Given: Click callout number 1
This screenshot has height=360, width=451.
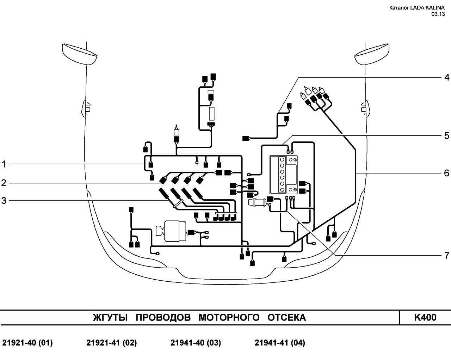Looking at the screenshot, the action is pyautogui.click(x=4, y=164).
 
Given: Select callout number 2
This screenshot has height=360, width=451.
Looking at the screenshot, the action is pyautogui.click(x=4, y=183).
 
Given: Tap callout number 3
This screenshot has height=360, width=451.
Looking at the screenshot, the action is pyautogui.click(x=4, y=201).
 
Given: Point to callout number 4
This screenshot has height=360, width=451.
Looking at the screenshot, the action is pyautogui.click(x=447, y=78).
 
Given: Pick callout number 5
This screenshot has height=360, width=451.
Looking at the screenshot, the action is pyautogui.click(x=447, y=136).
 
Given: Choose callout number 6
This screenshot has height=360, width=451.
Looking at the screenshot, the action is pyautogui.click(x=447, y=173).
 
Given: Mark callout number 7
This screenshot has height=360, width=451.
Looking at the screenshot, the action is pyautogui.click(x=447, y=256).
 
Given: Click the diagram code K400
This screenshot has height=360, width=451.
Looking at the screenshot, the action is pyautogui.click(x=425, y=317).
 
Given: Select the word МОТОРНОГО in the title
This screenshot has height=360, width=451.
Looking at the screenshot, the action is pyautogui.click(x=229, y=318).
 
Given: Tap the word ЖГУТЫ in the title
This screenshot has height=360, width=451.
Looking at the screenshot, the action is pyautogui.click(x=110, y=318).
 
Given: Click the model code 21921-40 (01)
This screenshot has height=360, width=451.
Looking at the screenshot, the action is pyautogui.click(x=27, y=343).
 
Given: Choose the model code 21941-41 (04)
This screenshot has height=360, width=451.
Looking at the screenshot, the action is pyautogui.click(x=280, y=343).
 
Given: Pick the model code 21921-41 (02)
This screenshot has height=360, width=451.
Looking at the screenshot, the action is pyautogui.click(x=111, y=343).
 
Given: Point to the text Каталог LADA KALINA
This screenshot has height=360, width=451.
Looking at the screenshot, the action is pyautogui.click(x=417, y=8).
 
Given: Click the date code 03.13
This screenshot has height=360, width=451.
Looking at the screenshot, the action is pyautogui.click(x=438, y=14).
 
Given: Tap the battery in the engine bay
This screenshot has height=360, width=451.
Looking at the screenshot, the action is pyautogui.click(x=283, y=175).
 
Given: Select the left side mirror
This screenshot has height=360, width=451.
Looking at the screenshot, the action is pyautogui.click(x=79, y=54).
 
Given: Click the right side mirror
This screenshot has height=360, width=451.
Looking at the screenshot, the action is pyautogui.click(x=372, y=54).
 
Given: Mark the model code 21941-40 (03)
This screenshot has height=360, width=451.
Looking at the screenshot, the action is pyautogui.click(x=196, y=343).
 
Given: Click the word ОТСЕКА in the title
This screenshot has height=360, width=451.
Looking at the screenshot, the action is pyautogui.click(x=287, y=318).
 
